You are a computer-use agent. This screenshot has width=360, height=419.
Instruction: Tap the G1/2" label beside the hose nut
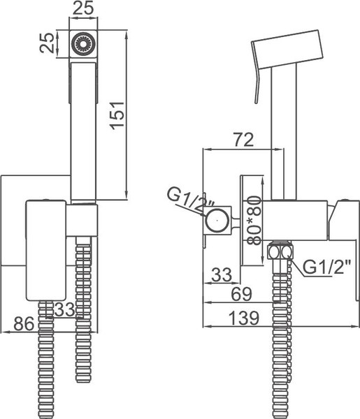coord(321,265)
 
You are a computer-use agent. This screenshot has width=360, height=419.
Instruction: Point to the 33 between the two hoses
coord(65,308)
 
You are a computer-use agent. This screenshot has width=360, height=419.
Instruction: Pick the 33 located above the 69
coord(222,274)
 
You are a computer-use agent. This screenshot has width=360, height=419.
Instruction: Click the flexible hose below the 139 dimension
coord(282,370)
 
